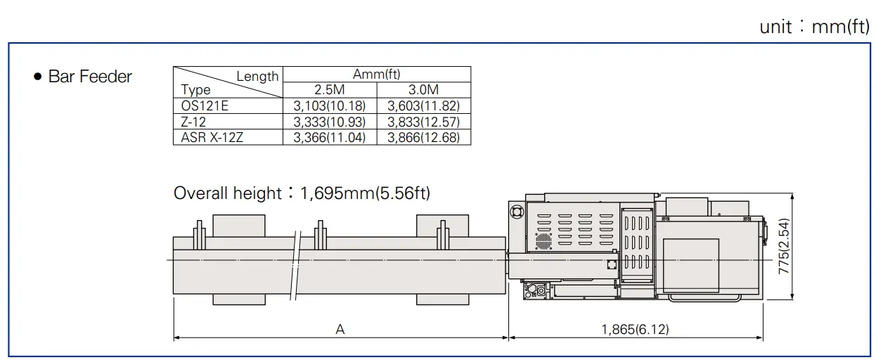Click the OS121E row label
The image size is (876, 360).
coord(205,106)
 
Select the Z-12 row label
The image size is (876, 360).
coord(193,122)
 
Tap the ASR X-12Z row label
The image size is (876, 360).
coord(212,138)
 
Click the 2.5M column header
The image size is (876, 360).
coord(330,90)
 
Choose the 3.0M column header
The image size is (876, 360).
coord(423,90)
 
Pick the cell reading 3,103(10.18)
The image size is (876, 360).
coord(330,106)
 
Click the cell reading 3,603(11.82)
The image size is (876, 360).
coord(423,106)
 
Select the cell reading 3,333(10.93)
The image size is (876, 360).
coord(330,122)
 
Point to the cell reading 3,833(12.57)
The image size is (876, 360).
coord(423,122)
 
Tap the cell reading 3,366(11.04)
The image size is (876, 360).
coord(330,138)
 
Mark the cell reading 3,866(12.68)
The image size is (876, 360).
coord(423,138)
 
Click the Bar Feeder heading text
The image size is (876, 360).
coord(90,77)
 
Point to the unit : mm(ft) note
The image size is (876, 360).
coord(814,27)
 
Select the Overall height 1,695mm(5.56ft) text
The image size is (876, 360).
coord(302,193)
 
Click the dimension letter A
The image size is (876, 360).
coord(340,329)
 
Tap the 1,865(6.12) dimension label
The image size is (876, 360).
coord(635,329)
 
